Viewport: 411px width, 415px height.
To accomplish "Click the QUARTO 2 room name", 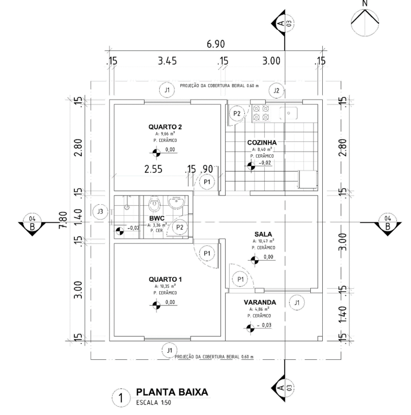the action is click(x=165, y=127).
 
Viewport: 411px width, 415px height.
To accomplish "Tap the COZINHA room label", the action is click(x=262, y=142).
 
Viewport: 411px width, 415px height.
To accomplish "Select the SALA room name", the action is click(x=263, y=234).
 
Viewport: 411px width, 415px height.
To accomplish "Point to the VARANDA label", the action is click(x=260, y=302).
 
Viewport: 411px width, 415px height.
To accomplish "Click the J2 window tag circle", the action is click(x=276, y=90).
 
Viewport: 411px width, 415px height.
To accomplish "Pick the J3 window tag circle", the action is click(x=100, y=211).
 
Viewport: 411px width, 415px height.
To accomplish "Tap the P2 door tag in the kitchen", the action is click(x=237, y=114).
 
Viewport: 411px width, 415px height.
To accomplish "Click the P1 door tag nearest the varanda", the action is click(x=240, y=279).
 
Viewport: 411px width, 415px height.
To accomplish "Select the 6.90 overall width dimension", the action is click(x=216, y=44).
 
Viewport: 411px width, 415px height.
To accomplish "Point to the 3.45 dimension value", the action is click(x=167, y=61).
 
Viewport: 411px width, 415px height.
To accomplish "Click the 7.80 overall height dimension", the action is click(x=63, y=220).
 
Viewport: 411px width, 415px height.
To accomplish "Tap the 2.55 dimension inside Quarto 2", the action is click(x=153, y=169).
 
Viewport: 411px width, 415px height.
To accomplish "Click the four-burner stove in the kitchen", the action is click(x=260, y=113).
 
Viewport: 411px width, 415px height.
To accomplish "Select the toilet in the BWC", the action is click(x=154, y=204).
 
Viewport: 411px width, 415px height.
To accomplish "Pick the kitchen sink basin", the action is click(x=289, y=113).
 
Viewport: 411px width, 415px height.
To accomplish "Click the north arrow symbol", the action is click(x=365, y=22).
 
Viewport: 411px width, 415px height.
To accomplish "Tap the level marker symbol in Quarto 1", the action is click(x=156, y=305).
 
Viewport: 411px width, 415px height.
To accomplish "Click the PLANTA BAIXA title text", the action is click(x=172, y=392).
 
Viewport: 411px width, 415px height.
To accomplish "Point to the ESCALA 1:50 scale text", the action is click(x=153, y=403).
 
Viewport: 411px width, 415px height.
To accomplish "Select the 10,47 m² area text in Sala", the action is click(x=263, y=241).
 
